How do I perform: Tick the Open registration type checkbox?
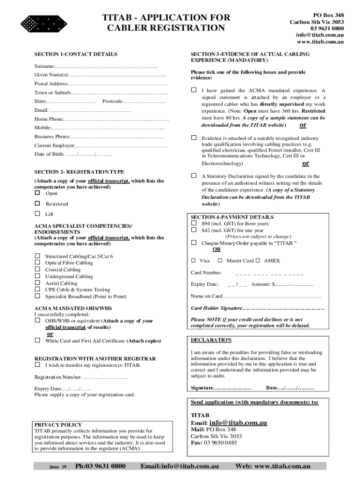coord(37,193)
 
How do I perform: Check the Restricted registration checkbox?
coord(37,203)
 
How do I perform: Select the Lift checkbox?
coord(37,214)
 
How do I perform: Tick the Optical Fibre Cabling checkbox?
coord(37,263)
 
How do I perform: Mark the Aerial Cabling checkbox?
coord(37,283)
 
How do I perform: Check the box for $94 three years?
coord(194,224)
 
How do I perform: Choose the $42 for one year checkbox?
coord(194,230)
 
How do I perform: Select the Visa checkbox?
coord(194,261)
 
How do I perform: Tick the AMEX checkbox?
coord(259,261)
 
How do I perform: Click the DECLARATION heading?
coord(211,340)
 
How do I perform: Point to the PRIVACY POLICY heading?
coord(58,425)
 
